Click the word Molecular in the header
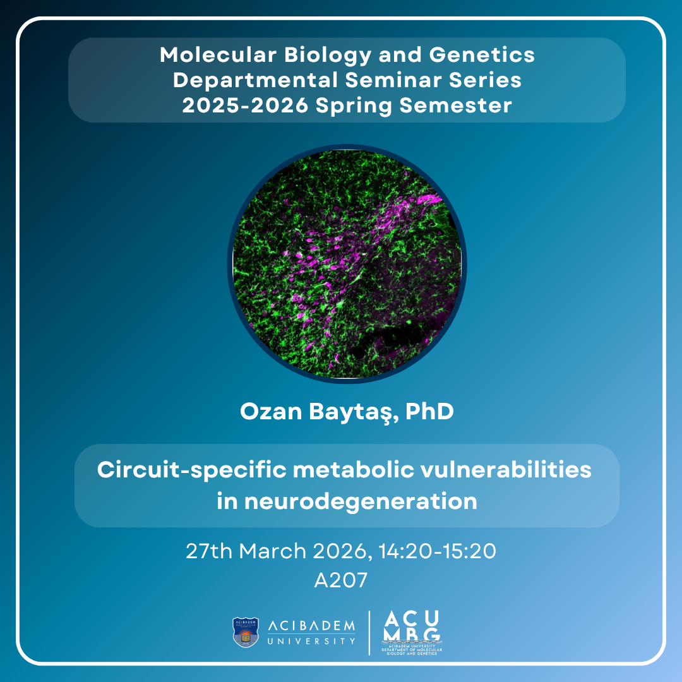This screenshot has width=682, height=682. (x=218, y=55)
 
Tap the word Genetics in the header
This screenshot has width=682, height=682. (x=482, y=55)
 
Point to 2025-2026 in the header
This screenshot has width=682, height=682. (x=245, y=105)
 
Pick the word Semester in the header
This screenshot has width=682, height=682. (x=455, y=105)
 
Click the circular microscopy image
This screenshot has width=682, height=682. (x=347, y=263)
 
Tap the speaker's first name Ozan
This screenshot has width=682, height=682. (x=271, y=411)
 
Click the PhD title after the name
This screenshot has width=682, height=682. (x=429, y=411)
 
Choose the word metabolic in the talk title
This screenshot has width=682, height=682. (x=352, y=470)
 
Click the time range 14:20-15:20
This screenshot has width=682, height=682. (x=437, y=551)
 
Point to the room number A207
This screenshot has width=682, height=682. (x=341, y=580)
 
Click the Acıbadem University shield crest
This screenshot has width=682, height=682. (x=246, y=632)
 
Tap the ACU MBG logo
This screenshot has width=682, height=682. (x=412, y=632)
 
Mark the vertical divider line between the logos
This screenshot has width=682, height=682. (x=369, y=633)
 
